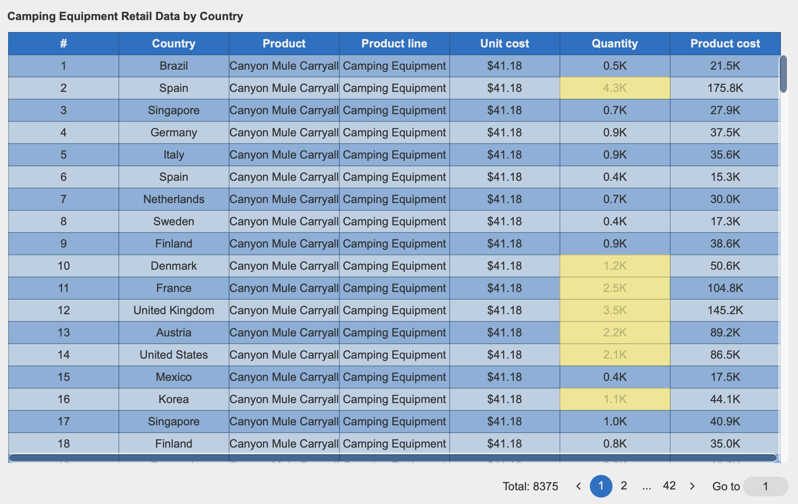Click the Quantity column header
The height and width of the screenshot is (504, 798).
(x=615, y=44)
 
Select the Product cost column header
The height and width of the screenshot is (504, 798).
(x=725, y=44)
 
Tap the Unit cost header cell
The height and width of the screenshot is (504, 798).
(x=504, y=44)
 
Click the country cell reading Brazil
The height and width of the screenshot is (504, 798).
(x=174, y=66)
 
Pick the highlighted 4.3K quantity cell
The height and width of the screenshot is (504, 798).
(x=615, y=88)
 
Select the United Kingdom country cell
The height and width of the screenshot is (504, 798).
(x=174, y=310)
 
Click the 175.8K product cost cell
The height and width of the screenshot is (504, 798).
(x=725, y=88)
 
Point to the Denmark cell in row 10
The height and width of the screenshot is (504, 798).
(x=174, y=266)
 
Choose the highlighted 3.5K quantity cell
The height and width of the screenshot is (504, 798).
(x=615, y=310)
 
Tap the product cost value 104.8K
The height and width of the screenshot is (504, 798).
(x=725, y=288)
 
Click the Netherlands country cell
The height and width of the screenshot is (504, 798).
(x=174, y=199)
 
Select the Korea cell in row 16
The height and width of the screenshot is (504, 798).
(x=174, y=399)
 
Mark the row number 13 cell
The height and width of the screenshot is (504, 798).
(x=64, y=333)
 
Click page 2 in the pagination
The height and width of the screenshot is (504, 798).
(x=624, y=486)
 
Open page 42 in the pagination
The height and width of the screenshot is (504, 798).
(x=669, y=486)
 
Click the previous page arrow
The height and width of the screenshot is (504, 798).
(x=578, y=486)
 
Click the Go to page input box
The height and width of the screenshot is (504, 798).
(x=765, y=486)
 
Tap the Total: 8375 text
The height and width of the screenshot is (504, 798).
(x=530, y=486)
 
